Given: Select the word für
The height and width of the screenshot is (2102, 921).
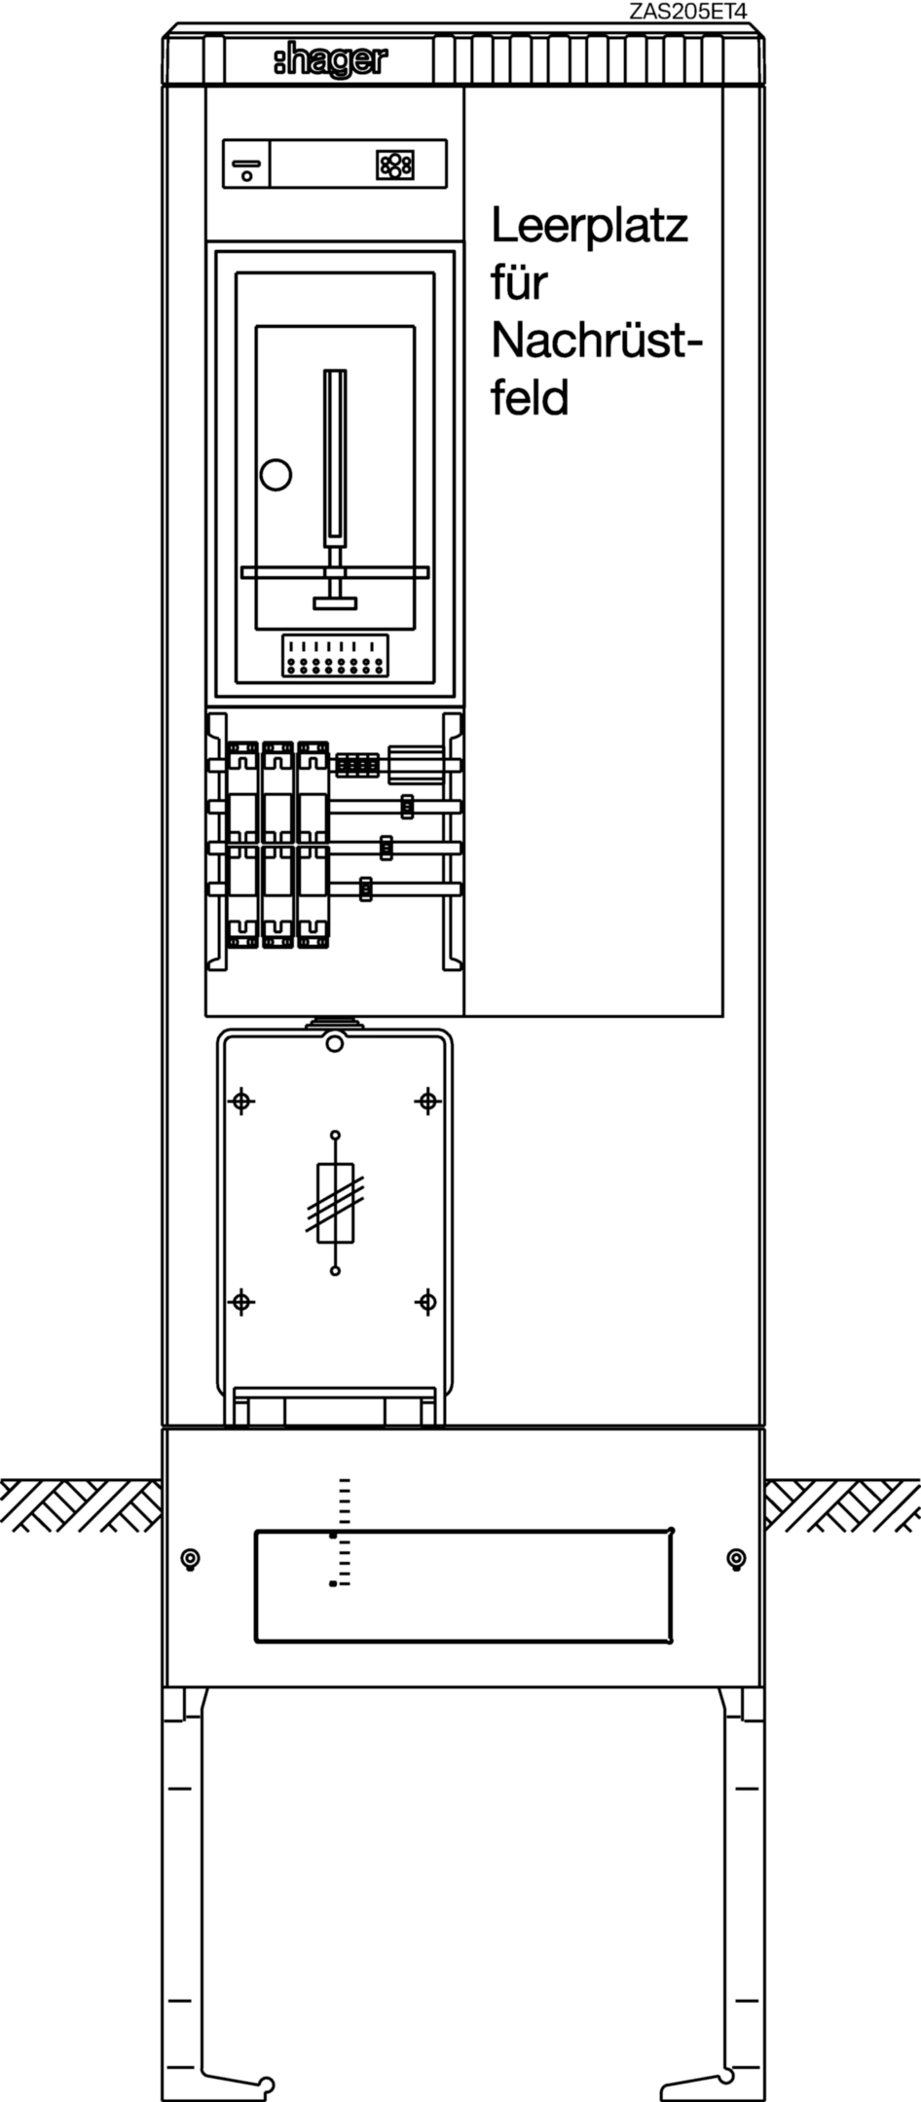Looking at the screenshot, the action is point(519,283).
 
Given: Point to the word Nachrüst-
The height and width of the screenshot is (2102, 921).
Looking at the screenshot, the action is point(597,341).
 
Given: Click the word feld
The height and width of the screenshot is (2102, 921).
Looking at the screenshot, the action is point(530,398).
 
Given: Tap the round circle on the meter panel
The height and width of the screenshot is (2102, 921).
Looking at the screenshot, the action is point(276,474).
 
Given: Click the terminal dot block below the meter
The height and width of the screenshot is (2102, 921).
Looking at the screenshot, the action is point(335,656).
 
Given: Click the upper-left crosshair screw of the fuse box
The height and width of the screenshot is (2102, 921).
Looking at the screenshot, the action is point(241,1102).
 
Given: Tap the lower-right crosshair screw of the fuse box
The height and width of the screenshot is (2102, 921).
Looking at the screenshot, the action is point(427,1301).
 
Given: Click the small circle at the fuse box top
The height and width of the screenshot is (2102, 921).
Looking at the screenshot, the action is point(335,1044).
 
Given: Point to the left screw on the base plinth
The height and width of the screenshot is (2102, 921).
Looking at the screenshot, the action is point(191,1559).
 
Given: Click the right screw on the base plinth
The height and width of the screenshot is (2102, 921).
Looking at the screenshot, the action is point(737,1559).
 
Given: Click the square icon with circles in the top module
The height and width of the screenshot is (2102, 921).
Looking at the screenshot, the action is point(394,164).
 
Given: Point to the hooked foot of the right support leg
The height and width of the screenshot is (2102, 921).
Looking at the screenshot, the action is point(698,2085).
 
